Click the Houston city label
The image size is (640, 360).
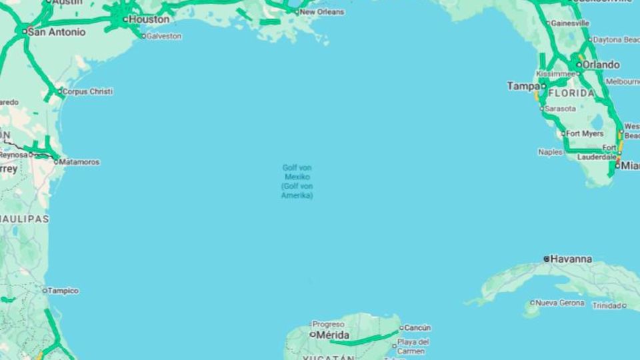[149, 19]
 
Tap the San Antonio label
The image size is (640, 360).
[57, 31]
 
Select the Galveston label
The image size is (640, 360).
[164, 37]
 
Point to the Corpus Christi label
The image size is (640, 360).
[87, 91]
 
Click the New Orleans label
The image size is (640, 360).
[322, 12]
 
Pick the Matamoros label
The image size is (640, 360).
[79, 162]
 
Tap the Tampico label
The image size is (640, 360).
[63, 291]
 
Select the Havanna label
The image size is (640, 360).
[571, 259]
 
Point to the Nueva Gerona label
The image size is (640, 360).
[560, 303]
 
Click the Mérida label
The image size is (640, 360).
[333, 334]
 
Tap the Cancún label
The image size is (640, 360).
[418, 328]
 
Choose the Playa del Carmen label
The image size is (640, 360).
[413, 347]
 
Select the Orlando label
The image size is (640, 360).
[601, 65]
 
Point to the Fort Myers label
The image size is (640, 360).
[585, 133]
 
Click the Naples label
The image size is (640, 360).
[550, 152]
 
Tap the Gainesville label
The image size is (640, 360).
[570, 23]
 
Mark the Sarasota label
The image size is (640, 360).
[560, 109]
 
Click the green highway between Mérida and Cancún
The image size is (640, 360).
[367, 339]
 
